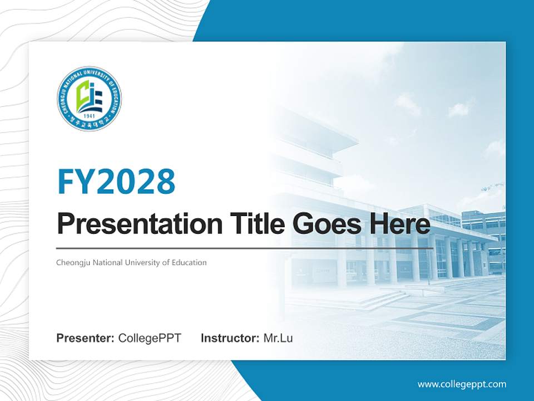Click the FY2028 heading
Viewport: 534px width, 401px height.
(x=116, y=181)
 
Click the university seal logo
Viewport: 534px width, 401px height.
(x=89, y=99)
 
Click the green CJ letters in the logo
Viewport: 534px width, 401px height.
(x=84, y=95)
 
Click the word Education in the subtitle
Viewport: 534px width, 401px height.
(x=189, y=262)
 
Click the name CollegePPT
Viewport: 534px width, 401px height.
(x=150, y=338)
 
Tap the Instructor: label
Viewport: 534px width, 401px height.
(x=230, y=338)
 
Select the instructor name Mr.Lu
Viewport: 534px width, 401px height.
(x=278, y=338)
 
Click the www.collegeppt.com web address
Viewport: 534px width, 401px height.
(x=462, y=384)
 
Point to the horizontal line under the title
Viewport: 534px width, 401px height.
(x=245, y=248)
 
